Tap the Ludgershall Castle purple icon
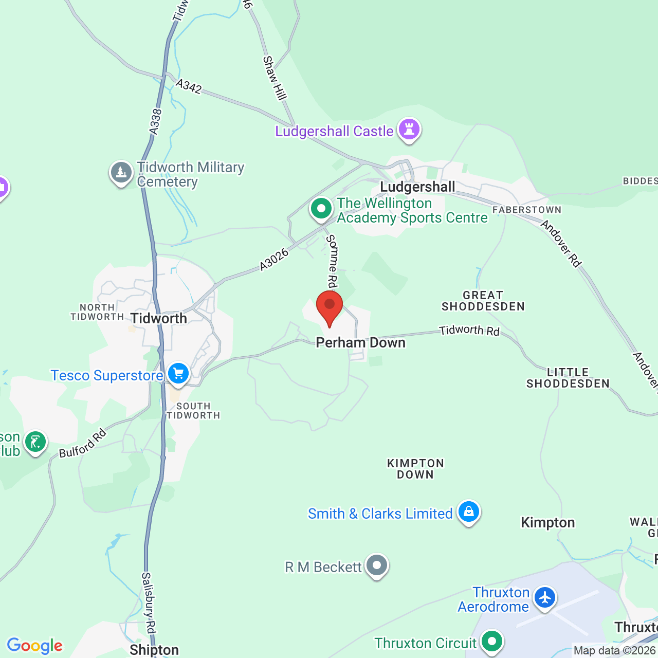coord(409,129)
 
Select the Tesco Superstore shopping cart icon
coord(178,374)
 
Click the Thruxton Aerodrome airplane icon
coord(544,598)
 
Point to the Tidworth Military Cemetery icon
coord(121,173)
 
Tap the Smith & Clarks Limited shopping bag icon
coord(468,512)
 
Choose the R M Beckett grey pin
coord(377,565)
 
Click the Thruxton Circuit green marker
coord(492,642)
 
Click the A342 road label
coord(189,86)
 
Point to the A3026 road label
coord(274,259)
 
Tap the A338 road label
coord(155,122)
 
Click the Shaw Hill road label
coord(275,78)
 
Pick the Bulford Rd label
coord(82,443)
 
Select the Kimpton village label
coord(547,522)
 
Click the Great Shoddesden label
coord(483,301)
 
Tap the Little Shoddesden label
coord(568,378)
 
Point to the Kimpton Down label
coord(415,469)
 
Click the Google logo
coord(34,645)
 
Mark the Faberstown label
coord(526,210)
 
